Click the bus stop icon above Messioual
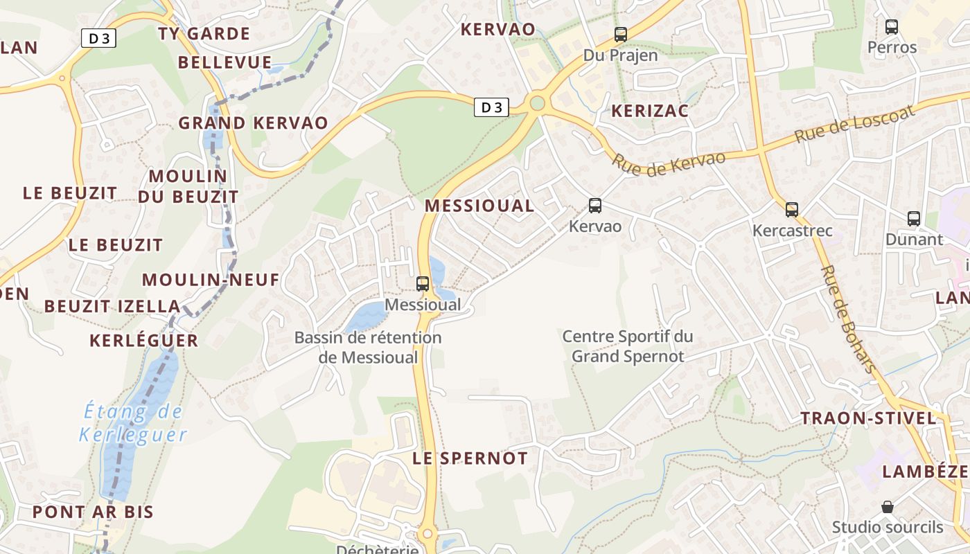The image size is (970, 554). coord(422,283)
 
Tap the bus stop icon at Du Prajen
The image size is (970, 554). coord(620,34)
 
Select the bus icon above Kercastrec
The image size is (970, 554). coord(792,209)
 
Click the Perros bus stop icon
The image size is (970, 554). coord(892,27)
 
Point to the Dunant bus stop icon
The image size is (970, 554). coord(914,219)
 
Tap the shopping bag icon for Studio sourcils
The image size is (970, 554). coord(888,507)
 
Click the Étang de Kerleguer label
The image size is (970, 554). coord(132,423)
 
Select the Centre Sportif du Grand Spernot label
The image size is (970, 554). coord(628,346)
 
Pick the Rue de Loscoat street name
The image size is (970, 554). coord(855,123)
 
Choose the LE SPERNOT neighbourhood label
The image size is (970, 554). coord(470,458)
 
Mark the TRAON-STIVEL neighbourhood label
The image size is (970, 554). coord(868,418)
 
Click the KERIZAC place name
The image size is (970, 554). coord(649,111)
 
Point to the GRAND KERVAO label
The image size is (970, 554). coord(253,123)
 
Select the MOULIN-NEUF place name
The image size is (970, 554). coord(211,280)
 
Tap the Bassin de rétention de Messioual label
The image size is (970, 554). coord(368,347)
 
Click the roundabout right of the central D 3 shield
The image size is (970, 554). coord(537,104)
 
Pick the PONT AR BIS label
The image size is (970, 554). coord(93,512)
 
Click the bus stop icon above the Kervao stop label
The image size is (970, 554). coord(595,205)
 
